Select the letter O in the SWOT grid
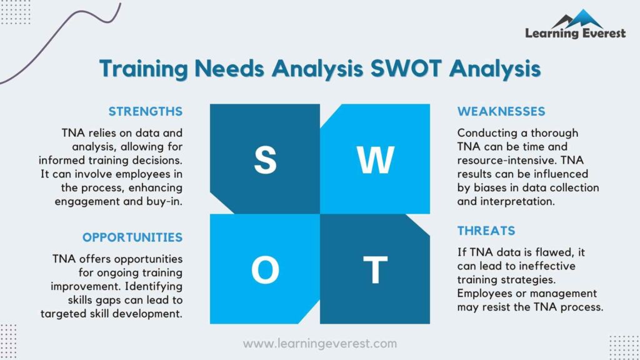[265, 270]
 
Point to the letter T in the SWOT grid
[375, 270]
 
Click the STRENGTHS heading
[146, 112]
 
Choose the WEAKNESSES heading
[501, 112]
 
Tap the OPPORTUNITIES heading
[132, 237]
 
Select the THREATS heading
[486, 231]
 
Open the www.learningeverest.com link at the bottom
[319, 343]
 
